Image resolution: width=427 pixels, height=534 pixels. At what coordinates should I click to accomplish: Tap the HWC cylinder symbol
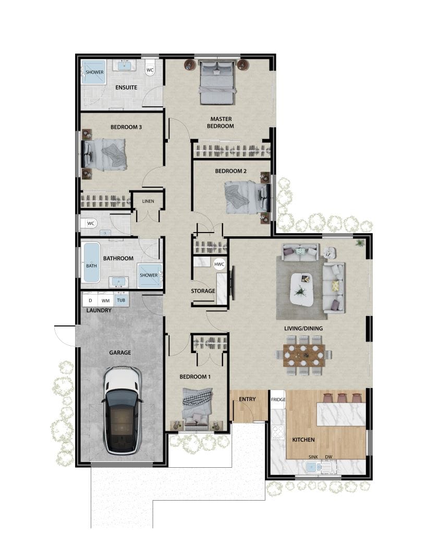pos(219,264)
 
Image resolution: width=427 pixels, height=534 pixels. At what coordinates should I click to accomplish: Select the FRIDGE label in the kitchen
pos(277,399)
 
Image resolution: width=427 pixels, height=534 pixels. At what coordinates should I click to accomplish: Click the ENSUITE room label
pos(126,87)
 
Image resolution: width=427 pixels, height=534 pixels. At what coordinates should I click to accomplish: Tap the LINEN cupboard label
pos(149,201)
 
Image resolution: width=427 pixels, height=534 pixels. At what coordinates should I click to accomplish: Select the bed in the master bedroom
pos(217,82)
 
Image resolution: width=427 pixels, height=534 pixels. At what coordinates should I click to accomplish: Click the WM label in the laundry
pos(105,301)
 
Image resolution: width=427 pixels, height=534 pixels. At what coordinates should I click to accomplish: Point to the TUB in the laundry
pos(121,300)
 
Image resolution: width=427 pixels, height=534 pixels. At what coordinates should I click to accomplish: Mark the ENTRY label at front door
pos(247,399)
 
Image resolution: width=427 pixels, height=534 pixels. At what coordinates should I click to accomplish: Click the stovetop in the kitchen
pos(278,432)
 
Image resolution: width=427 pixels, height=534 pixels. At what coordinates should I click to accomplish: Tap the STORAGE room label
pos(203,291)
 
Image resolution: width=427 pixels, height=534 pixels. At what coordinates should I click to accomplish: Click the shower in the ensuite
pos(94,72)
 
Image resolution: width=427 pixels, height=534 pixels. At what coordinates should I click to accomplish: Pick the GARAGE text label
pos(120,353)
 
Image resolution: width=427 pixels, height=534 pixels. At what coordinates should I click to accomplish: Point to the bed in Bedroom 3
pos(106,154)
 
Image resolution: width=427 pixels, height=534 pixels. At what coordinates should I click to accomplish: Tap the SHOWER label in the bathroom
pos(149,275)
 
